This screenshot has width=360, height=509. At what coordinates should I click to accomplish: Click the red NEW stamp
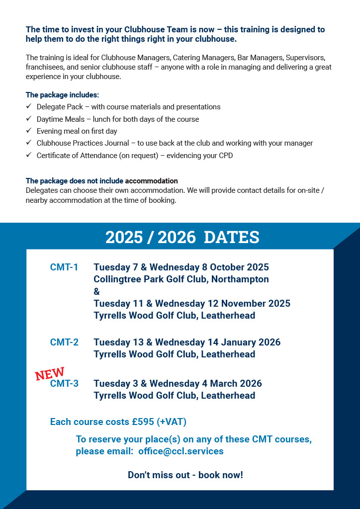(x=50, y=374)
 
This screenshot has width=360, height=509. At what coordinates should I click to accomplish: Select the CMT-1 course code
(x=64, y=267)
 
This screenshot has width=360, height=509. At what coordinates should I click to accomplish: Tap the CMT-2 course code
(x=64, y=342)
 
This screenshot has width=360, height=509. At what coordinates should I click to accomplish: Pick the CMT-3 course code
(x=64, y=384)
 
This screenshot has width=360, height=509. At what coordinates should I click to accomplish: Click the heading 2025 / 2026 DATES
(x=182, y=237)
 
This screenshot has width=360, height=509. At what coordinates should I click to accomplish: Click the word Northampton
(x=240, y=279)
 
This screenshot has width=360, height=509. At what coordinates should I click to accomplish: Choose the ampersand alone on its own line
(x=96, y=291)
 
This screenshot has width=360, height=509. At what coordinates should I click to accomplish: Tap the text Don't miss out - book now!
(x=185, y=475)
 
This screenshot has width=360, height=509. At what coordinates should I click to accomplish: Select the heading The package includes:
(x=62, y=94)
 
